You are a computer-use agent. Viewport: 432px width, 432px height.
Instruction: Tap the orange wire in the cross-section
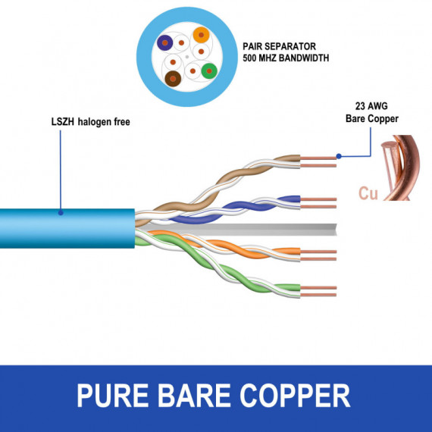pyautogui.click(x=200, y=35)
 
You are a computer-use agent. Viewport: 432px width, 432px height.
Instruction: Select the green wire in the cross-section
pyautogui.click(x=209, y=72)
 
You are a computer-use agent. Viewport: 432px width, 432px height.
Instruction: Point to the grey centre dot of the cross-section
pyautogui.click(x=187, y=57)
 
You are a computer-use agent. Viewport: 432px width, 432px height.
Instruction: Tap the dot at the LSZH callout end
pyautogui.click(x=60, y=212)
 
